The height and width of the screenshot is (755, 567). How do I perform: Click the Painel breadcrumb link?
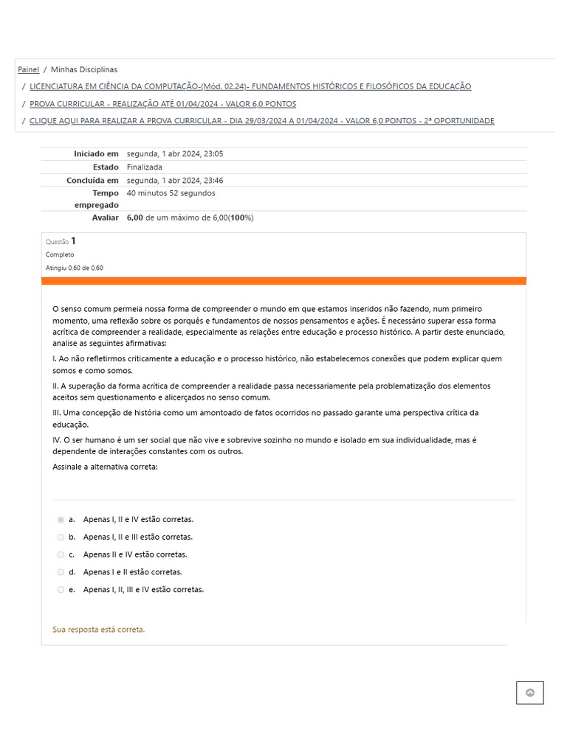[x=28, y=69]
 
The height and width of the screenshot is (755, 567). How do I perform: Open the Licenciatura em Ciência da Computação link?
[x=250, y=86]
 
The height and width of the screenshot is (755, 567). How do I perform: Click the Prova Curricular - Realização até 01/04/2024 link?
[x=162, y=104]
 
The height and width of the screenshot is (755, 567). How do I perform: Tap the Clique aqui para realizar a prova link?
[x=261, y=121]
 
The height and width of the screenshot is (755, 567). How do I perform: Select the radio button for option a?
[x=61, y=520]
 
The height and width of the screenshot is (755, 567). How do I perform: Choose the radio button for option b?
[x=61, y=537]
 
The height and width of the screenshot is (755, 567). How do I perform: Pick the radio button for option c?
[x=61, y=554]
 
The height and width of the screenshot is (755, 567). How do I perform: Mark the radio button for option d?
[x=61, y=572]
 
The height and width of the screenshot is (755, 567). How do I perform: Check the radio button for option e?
[x=61, y=590]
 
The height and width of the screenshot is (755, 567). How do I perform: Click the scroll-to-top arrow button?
[x=529, y=693]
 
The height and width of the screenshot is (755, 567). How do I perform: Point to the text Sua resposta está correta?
[x=99, y=630]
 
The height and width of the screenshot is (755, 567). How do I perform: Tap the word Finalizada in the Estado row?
[x=145, y=167]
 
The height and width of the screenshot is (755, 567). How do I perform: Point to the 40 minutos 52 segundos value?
[x=171, y=193]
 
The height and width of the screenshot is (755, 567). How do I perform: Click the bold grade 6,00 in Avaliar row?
[x=134, y=218]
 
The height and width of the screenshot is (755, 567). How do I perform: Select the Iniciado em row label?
[x=96, y=154]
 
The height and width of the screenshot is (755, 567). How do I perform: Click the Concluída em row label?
[x=92, y=181]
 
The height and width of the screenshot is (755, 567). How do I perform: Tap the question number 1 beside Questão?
[x=73, y=241]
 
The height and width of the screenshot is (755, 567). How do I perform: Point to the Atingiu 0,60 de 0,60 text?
[x=75, y=268]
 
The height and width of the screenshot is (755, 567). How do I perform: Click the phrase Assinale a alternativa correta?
[x=105, y=467]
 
